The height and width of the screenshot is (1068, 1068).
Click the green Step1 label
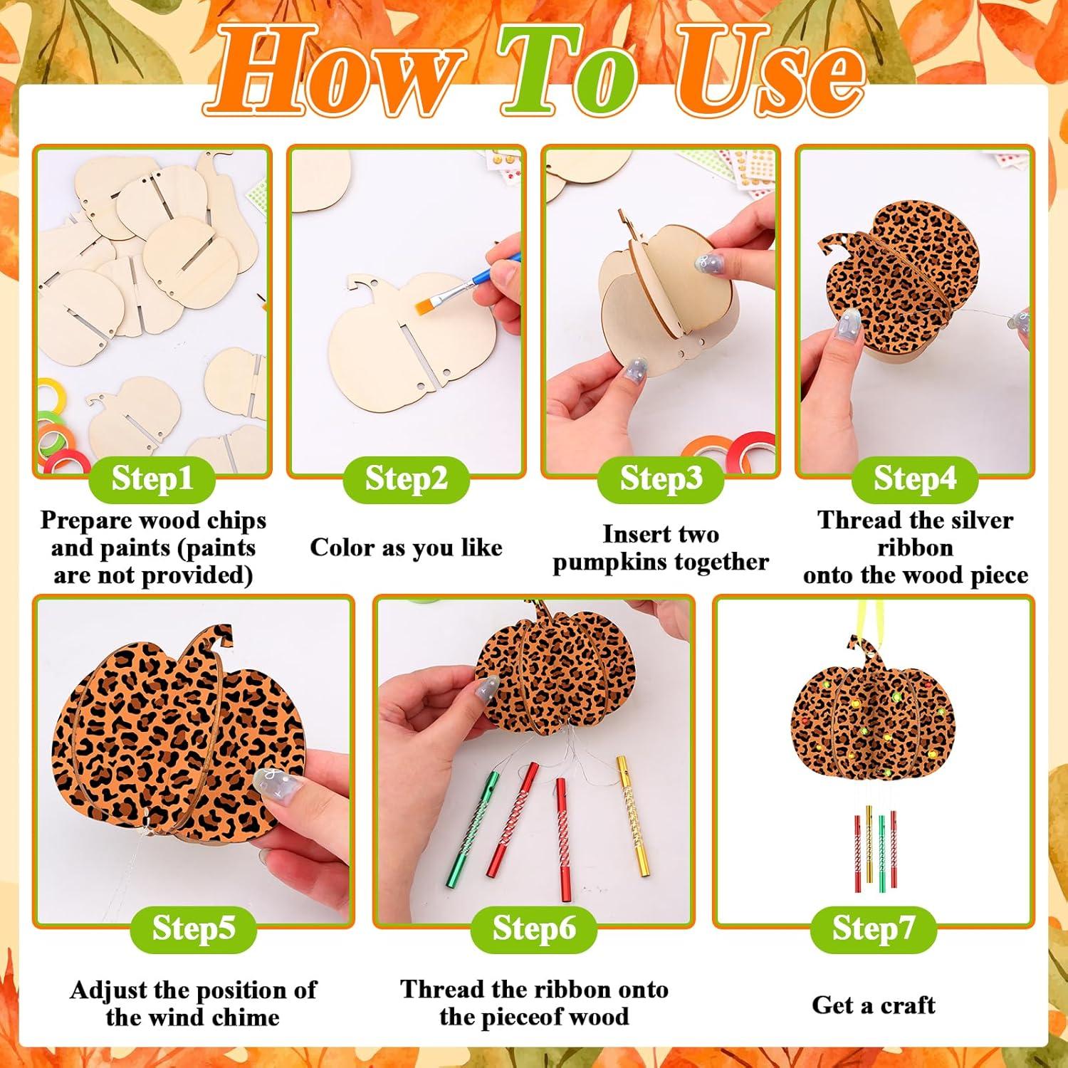(x=152, y=479)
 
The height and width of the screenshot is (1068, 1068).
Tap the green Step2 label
(x=406, y=479)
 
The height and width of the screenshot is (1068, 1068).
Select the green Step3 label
(x=661, y=479)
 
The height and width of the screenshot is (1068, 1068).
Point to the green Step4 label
(x=914, y=479)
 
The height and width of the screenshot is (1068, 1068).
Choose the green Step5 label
(x=193, y=928)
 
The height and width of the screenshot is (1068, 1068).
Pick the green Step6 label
(x=533, y=928)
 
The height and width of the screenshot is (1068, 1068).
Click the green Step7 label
(x=873, y=928)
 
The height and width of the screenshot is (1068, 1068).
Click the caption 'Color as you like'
(x=406, y=548)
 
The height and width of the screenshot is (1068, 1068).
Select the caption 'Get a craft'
(x=873, y=1005)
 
